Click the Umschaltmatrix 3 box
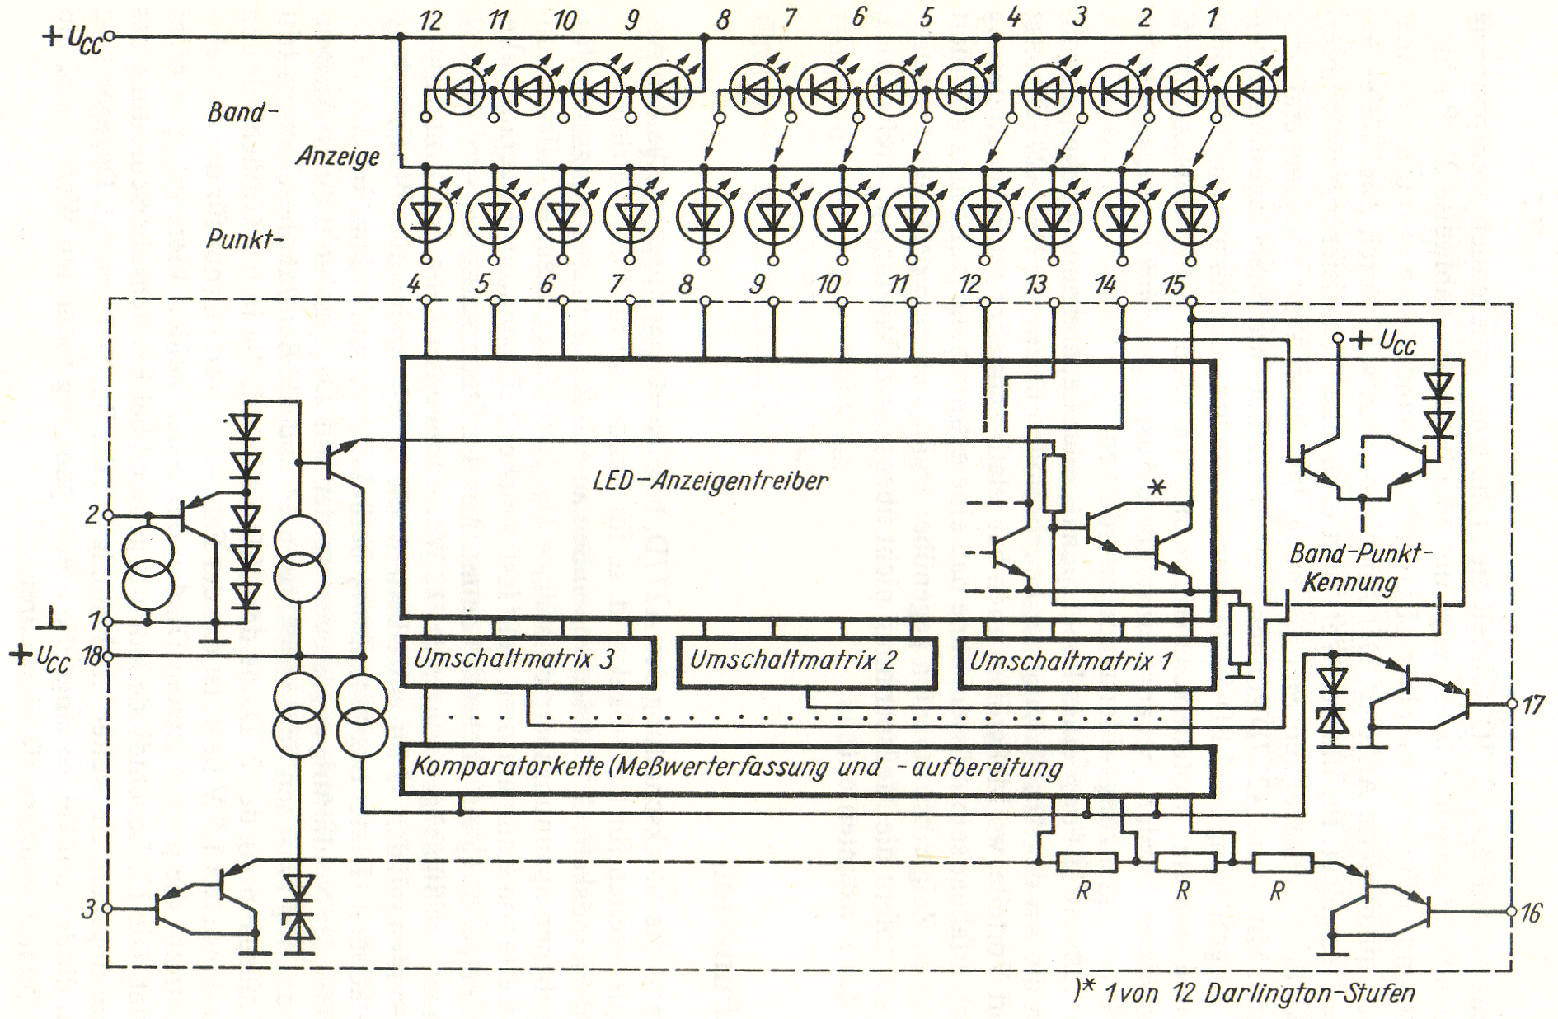click(x=528, y=661)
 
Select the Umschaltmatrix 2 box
click(x=806, y=661)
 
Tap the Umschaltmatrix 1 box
click(x=1086, y=661)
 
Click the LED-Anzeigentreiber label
click(x=711, y=481)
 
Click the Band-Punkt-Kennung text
click(x=1360, y=568)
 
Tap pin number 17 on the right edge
click(x=1532, y=705)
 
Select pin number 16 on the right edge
click(x=1531, y=913)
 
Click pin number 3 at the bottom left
click(x=88, y=909)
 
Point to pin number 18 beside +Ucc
click(x=92, y=657)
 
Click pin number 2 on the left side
click(x=92, y=515)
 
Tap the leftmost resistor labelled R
click(x=1086, y=863)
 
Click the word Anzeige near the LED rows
click(x=338, y=156)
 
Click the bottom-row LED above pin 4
click(x=425, y=216)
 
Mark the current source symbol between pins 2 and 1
click(x=148, y=569)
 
